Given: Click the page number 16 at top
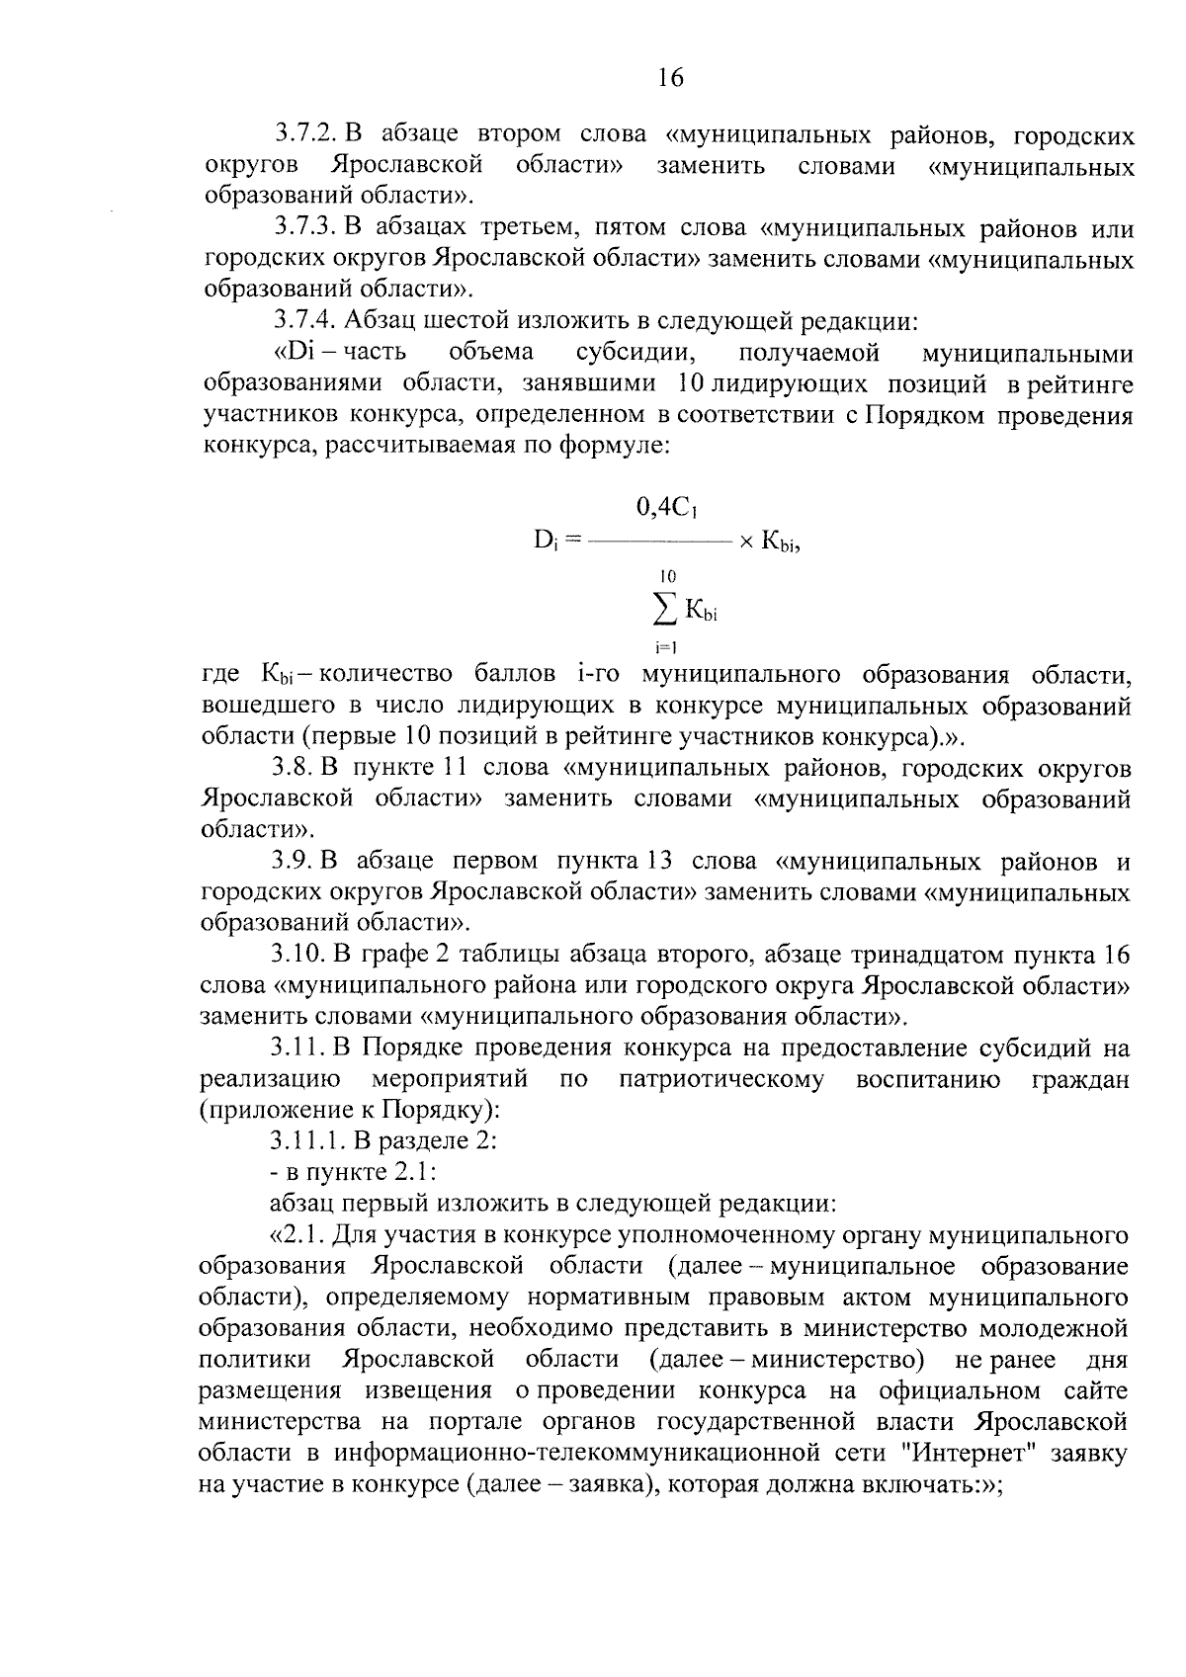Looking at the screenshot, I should [x=669, y=78].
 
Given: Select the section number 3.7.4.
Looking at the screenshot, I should [x=307, y=321].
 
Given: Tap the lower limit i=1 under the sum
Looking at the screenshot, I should [x=664, y=649].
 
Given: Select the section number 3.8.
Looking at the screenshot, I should [x=293, y=768].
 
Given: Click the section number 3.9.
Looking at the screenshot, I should [x=293, y=861].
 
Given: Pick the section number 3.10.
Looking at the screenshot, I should [x=299, y=955].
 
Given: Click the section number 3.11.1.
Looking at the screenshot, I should [x=306, y=1140].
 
